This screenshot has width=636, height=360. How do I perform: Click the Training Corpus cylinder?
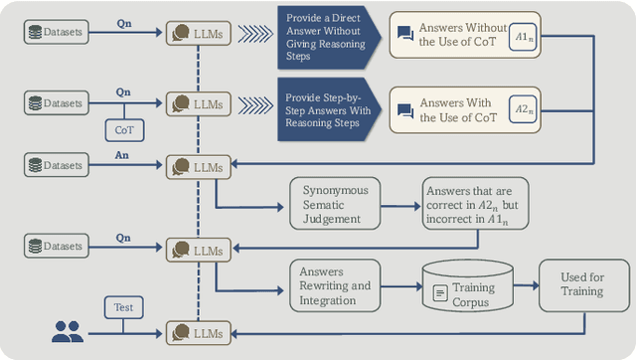(x=470, y=285)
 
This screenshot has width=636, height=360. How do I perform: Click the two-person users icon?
(x=67, y=332)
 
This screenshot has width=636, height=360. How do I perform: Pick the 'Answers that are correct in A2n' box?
(x=476, y=205)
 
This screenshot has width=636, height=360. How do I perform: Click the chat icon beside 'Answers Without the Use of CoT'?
(x=405, y=36)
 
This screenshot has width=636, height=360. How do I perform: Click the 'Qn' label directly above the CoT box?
(x=123, y=91)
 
